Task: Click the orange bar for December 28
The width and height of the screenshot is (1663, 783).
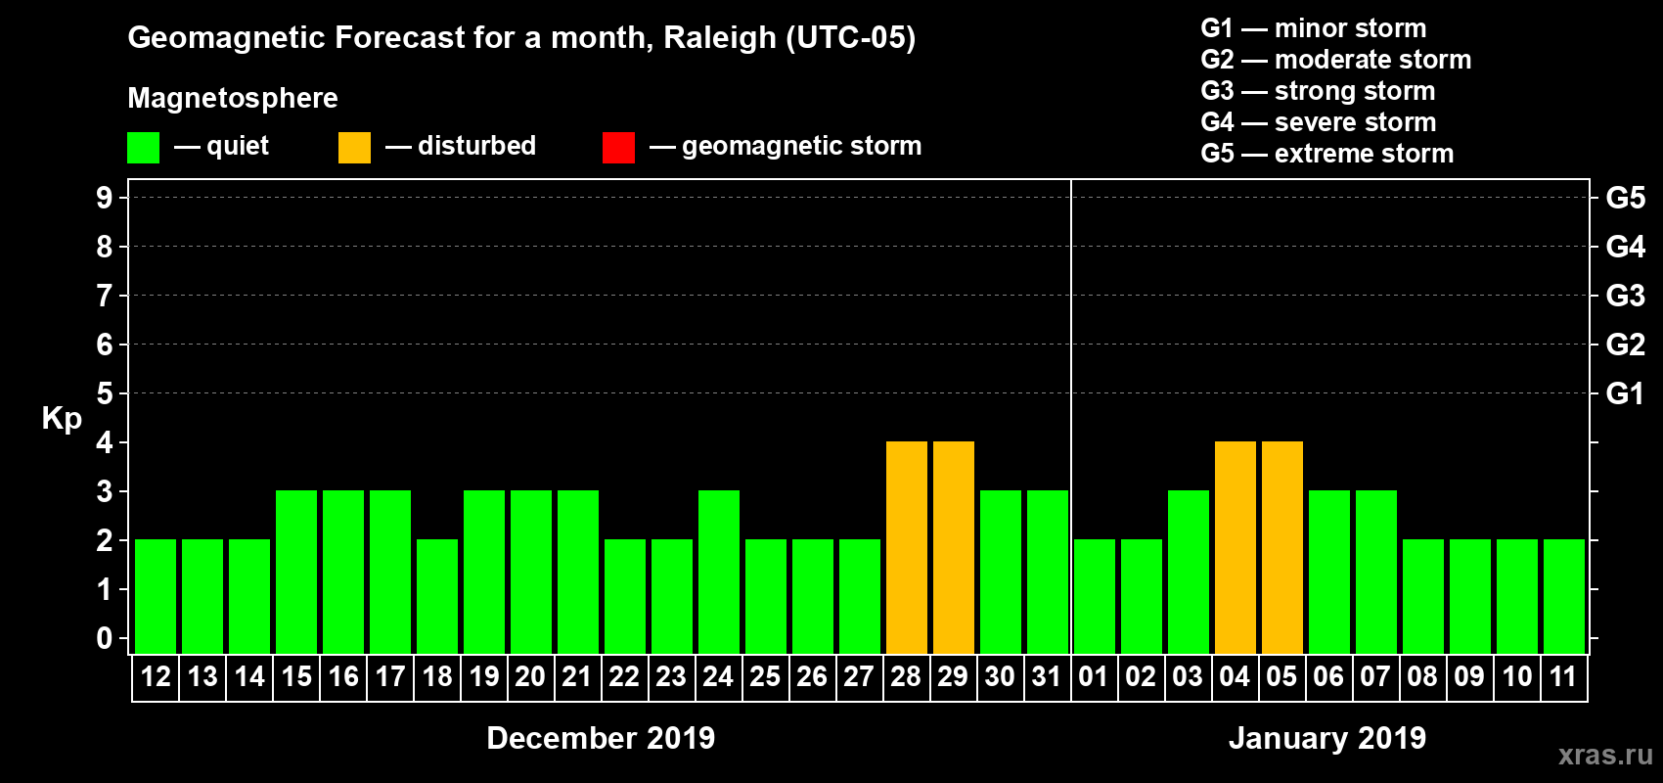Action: point(906,547)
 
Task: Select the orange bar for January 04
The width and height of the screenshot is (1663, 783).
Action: point(1235,547)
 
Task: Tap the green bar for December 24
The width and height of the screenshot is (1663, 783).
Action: point(718,572)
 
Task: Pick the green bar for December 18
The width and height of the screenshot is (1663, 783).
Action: point(436,596)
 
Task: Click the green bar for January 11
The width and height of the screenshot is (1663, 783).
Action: point(1563,596)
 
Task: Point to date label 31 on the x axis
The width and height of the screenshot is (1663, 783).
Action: point(1047,677)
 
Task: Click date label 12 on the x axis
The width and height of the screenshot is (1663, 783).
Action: point(155,677)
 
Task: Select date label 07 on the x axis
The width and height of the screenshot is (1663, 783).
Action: point(1375,677)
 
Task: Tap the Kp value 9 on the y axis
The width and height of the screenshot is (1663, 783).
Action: point(105,198)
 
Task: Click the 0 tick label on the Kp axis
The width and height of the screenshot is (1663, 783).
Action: point(105,638)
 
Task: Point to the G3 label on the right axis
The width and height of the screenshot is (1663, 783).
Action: point(1625,296)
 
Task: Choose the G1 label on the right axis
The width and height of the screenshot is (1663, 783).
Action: point(1625,393)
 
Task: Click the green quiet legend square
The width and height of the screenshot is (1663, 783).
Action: point(143,147)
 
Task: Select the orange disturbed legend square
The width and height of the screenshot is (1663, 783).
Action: point(354,147)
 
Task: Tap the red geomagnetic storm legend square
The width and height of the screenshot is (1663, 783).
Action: point(618,147)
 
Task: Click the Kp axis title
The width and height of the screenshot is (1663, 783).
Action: point(62,418)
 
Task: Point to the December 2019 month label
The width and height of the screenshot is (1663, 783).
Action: point(601,738)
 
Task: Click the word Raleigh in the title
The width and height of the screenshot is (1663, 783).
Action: point(719,38)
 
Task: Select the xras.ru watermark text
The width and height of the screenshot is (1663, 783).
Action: point(1605,755)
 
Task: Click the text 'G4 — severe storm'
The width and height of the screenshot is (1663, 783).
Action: point(1318,122)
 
